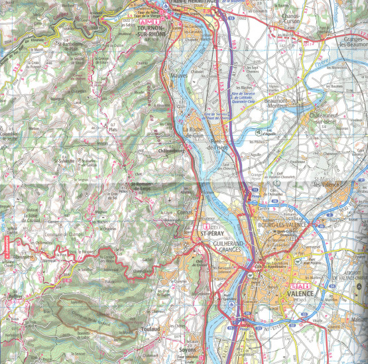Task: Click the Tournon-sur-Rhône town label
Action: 152,33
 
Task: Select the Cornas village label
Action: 186,213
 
